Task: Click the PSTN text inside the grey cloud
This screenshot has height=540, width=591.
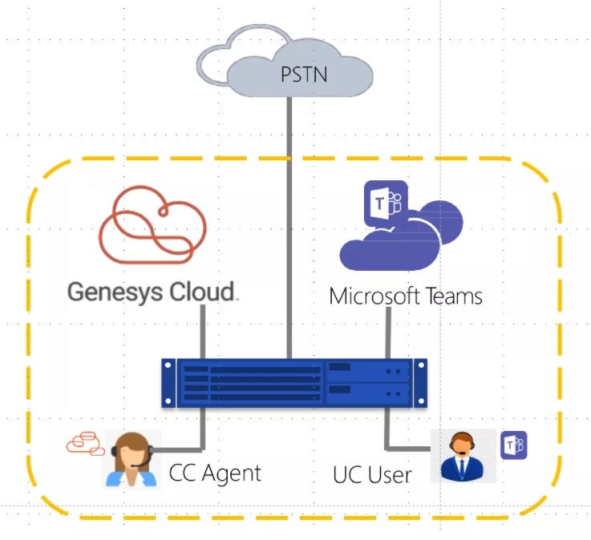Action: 304,75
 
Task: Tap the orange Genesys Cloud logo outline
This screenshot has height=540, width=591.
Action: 113,241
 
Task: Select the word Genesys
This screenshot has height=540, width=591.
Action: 115,292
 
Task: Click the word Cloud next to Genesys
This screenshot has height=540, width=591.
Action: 202,292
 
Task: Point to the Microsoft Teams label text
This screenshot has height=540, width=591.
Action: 406,296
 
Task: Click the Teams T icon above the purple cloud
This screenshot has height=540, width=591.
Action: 386,203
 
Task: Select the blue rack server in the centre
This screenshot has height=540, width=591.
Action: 294,383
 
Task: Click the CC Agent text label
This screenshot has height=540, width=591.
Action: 215,473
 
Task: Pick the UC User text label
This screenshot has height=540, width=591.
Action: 372,474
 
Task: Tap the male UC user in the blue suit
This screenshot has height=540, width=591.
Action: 462,457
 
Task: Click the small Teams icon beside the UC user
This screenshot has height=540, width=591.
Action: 514,445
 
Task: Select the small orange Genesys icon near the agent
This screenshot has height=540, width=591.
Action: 86,444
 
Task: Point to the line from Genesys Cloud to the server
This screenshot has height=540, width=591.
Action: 203,332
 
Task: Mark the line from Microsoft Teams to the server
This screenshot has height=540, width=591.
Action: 388,332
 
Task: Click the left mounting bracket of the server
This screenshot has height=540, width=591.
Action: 168,383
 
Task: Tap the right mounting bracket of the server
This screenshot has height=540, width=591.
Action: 421,383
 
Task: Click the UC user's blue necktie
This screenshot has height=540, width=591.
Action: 462,467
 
